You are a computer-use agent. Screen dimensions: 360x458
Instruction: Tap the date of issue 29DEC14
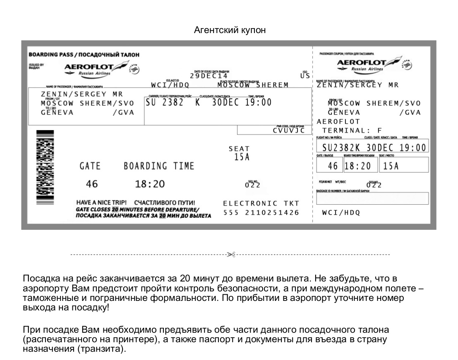pyautogui.click(x=209, y=76)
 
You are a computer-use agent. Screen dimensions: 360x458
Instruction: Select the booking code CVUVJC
pyautogui.click(x=289, y=130)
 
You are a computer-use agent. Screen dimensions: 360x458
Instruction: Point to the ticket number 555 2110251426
pyautogui.click(x=261, y=213)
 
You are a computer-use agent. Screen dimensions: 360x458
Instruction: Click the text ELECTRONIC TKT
pyautogui.click(x=261, y=203)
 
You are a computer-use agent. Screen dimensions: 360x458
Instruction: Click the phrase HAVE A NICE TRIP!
pyautogui.click(x=101, y=203)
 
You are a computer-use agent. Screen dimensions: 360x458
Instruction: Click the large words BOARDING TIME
pyautogui.click(x=159, y=166)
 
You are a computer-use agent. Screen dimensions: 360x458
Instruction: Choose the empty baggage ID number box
pyautogui.click(x=372, y=199)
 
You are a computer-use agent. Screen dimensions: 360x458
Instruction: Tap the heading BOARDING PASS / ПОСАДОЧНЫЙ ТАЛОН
pyautogui.click(x=84, y=55)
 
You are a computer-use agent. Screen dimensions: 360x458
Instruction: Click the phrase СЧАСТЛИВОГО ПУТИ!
pyautogui.click(x=164, y=203)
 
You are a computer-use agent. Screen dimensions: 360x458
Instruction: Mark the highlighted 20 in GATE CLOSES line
pyautogui.click(x=109, y=210)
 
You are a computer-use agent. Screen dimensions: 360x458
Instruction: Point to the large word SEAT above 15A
pyautogui.click(x=239, y=149)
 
